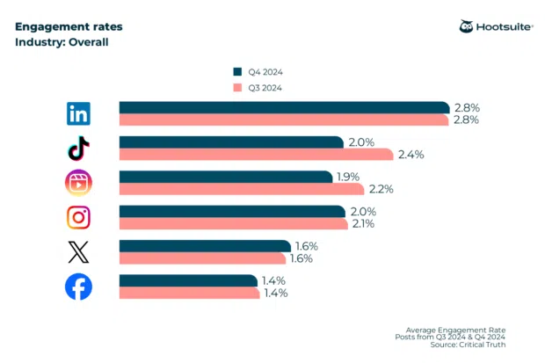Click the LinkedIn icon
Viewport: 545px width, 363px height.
(79, 113)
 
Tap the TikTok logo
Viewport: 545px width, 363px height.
(79, 148)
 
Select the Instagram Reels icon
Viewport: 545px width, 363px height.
(79, 183)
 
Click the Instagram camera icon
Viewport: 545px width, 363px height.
(79, 217)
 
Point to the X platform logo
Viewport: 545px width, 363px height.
(79, 252)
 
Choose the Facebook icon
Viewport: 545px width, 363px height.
(79, 287)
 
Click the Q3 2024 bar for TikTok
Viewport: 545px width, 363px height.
(255, 155)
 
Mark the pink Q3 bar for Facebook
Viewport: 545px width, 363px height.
(189, 293)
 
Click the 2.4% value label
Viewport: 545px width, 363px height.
(411, 155)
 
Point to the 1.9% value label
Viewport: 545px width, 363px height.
(349, 177)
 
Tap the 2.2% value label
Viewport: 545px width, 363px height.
(381, 189)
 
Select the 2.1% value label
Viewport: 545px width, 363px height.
(363, 223)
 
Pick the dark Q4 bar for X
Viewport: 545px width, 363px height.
(204, 246)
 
